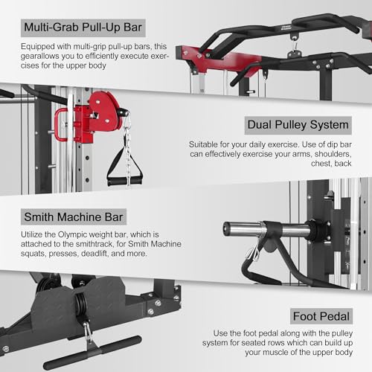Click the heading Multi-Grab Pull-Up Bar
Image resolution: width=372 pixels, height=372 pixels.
pos(83,28)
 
